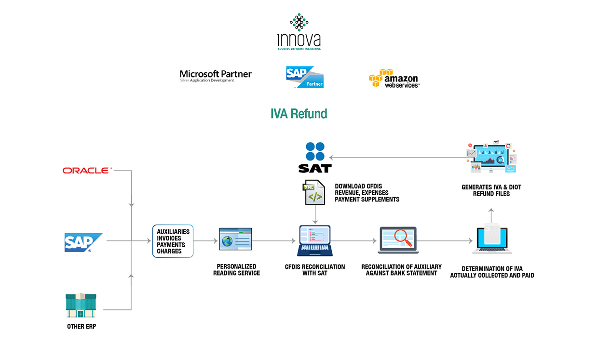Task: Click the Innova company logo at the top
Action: tap(299, 32)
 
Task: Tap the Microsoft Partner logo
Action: tap(216, 76)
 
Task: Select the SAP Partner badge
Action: tap(305, 77)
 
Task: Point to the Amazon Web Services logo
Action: tap(394, 78)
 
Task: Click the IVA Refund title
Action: tap(299, 114)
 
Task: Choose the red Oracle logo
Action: tap(87, 170)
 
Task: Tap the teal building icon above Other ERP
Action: tap(81, 305)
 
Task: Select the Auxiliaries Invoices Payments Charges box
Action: tap(173, 241)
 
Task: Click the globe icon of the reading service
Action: tap(227, 241)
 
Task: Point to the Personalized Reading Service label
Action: tap(236, 270)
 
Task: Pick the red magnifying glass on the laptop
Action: tap(403, 237)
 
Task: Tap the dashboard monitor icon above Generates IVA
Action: tap(491, 157)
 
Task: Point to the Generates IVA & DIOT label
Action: tap(491, 190)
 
